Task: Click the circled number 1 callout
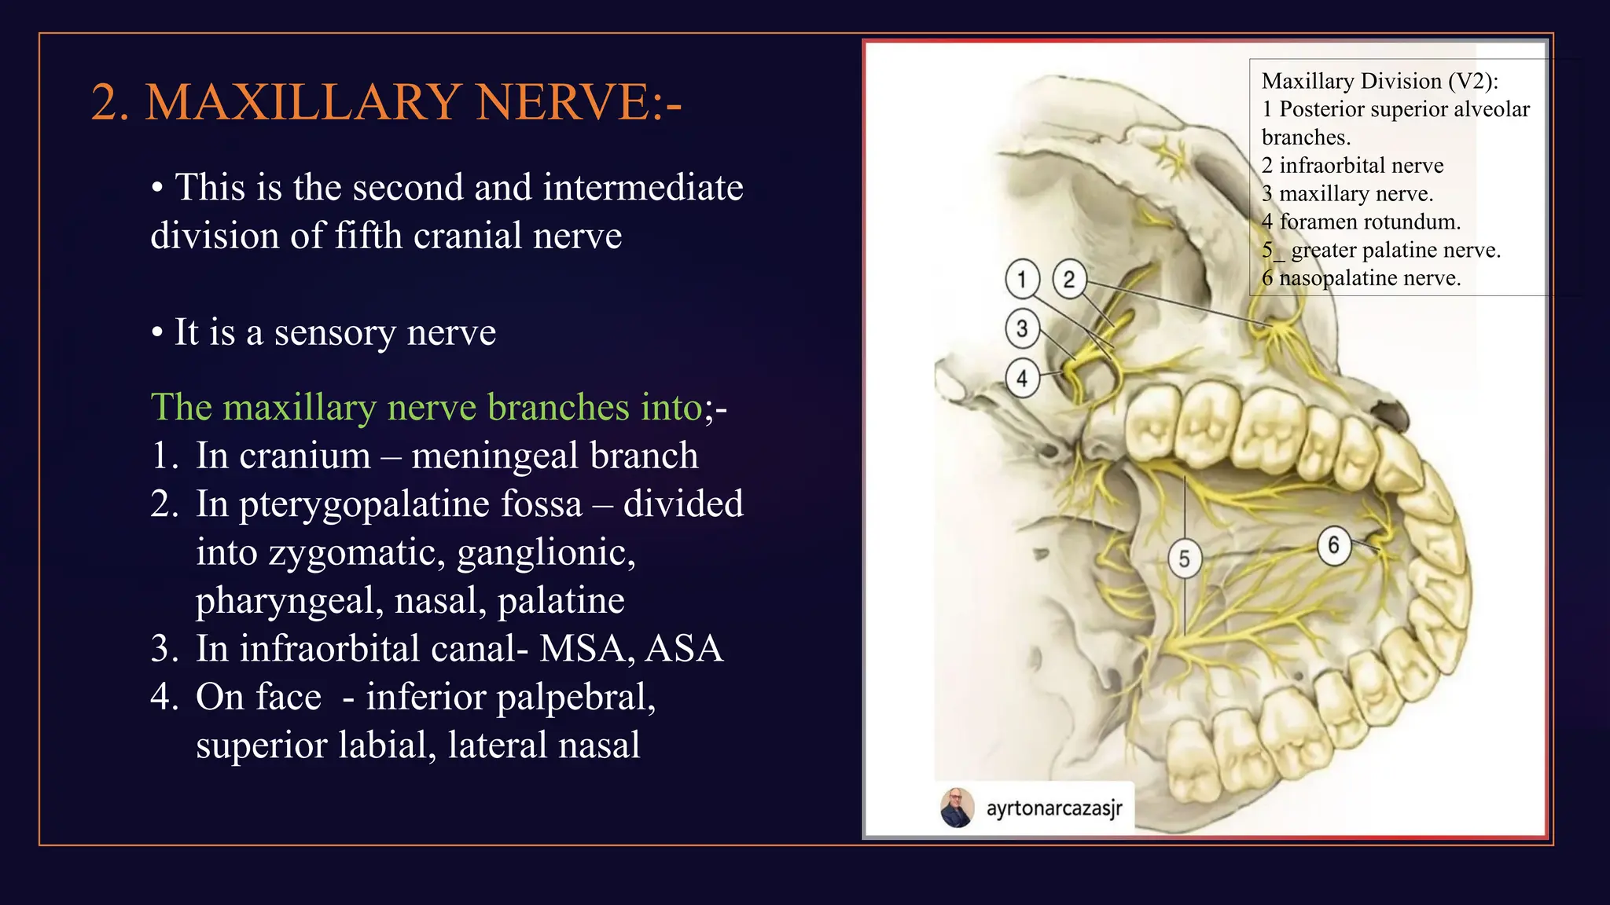(1022, 279)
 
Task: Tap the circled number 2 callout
(1069, 279)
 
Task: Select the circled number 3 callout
(1022, 328)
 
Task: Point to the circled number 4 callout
(1022, 379)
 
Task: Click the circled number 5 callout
(1185, 559)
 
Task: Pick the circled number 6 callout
(1334, 545)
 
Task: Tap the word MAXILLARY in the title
(303, 103)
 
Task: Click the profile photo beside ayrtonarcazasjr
(958, 808)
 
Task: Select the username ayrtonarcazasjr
(1054, 808)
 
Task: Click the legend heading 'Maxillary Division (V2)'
(1380, 82)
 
